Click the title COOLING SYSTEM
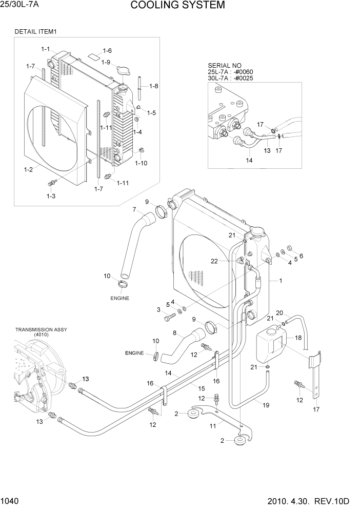[x=177, y=6]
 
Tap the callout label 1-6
[x=107, y=50]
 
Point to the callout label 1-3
[x=51, y=196]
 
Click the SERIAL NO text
[x=224, y=65]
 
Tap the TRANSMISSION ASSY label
[x=41, y=329]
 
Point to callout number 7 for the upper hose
[x=134, y=209]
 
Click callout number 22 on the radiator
[x=230, y=261]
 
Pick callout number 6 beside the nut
[x=301, y=256]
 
